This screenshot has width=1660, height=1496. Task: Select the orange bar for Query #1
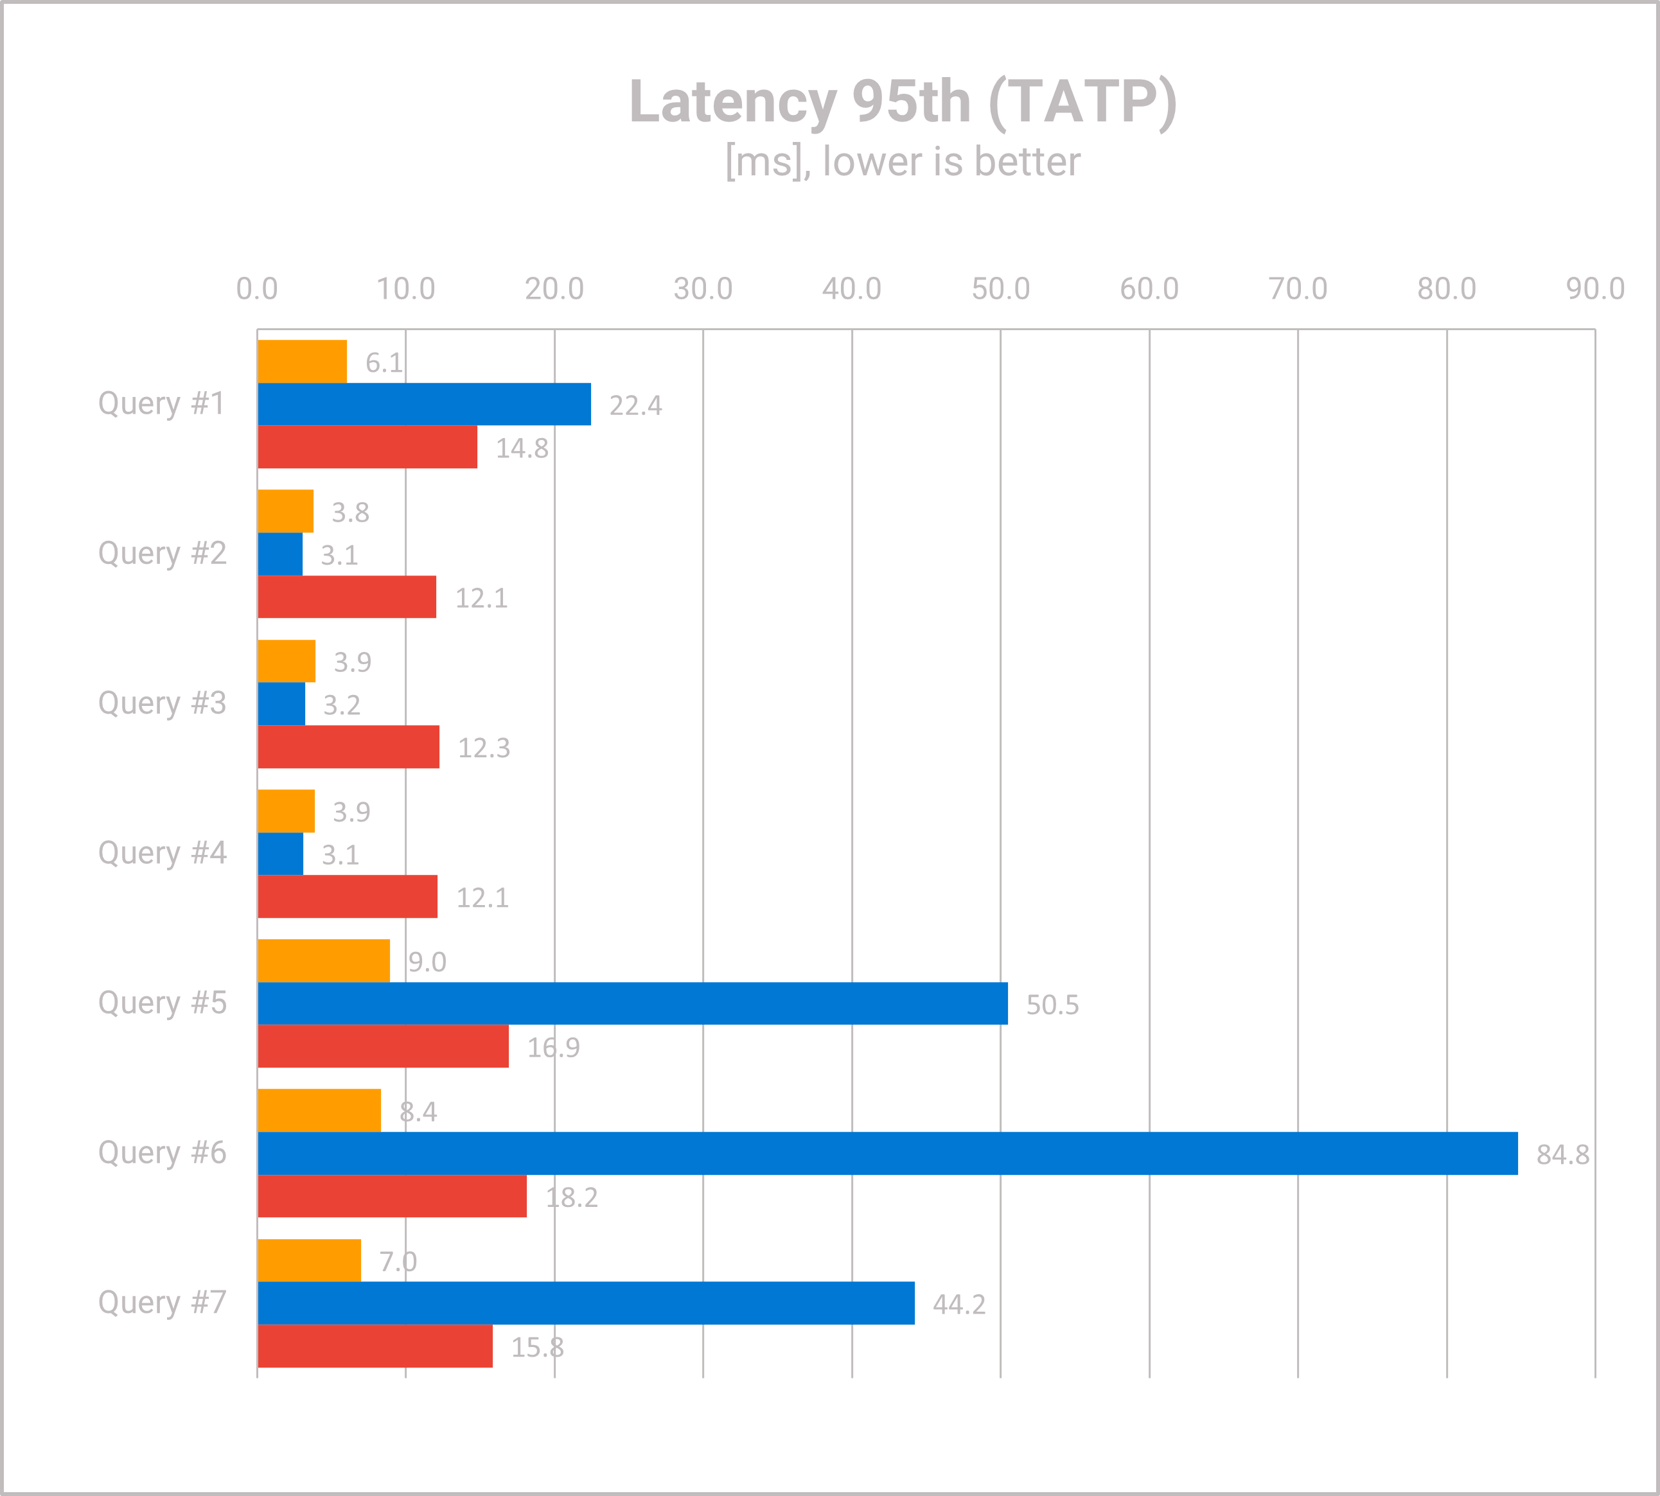coord(302,361)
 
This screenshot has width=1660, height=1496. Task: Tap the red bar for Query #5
coord(383,1046)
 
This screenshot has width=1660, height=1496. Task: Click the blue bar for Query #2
coord(280,554)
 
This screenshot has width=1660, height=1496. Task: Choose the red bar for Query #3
coord(349,746)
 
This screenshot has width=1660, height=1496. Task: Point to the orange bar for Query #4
coord(286,811)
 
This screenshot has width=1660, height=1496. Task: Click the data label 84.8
coord(1562,1155)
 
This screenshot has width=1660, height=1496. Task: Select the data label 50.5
coord(1052,1005)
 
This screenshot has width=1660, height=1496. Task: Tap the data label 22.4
coord(635,405)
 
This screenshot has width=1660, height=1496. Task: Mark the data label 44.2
coord(958,1305)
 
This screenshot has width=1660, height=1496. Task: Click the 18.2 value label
coord(571,1197)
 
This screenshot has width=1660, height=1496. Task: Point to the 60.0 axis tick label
coord(1149,289)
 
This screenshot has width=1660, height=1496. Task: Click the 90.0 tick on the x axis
coord(1594,289)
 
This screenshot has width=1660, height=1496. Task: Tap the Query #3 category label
coord(162,703)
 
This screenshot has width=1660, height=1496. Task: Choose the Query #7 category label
coord(162,1303)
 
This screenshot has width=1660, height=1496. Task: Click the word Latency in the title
coord(732,103)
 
